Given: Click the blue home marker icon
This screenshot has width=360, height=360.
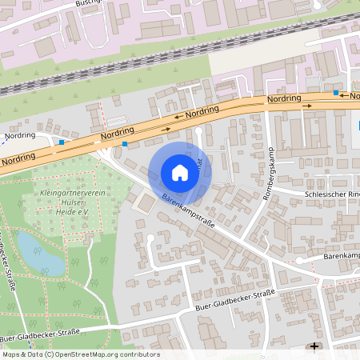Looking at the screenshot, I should tap(180, 173).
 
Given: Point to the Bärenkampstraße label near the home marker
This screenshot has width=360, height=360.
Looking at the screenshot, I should tap(187, 212).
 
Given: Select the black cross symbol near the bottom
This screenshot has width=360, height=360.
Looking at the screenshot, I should tap(315, 346).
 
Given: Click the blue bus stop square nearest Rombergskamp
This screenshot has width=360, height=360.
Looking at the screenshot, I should tap(336, 94).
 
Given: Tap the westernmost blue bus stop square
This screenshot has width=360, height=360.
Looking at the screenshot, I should tap(62, 143).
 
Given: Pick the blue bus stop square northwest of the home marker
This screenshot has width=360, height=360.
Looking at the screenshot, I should tap(125, 145).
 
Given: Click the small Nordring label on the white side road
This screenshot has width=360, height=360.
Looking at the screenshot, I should tap(20, 136).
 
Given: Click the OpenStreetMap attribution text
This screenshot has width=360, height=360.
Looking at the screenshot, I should tap(80, 354).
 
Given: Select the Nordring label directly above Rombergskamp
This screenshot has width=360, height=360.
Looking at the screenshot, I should tap(284, 99).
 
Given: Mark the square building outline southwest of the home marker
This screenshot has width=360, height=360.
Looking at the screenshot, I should tap(145, 205).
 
